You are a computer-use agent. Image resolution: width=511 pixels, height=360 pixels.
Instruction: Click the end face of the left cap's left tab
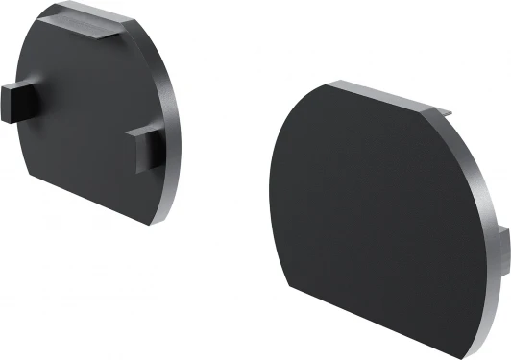point(8,98)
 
